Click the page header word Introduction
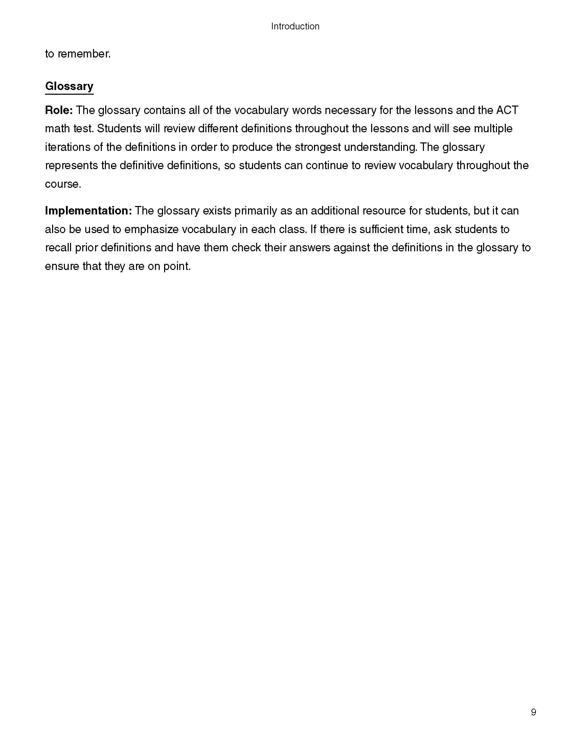pyautogui.click(x=295, y=26)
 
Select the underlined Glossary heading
pyautogui.click(x=69, y=86)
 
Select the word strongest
pyautogui.click(x=318, y=147)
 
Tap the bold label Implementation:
pyautogui.click(x=88, y=211)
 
